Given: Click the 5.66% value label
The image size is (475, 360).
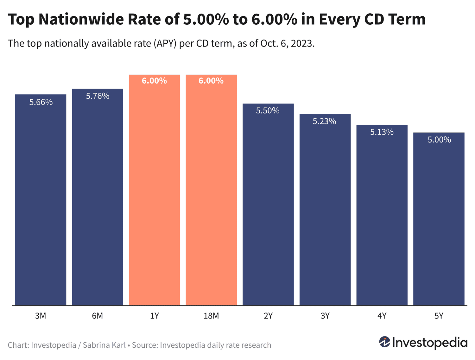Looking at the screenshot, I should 41,102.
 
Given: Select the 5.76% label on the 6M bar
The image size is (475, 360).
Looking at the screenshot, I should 98,96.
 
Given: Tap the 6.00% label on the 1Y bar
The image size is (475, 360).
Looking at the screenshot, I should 154,81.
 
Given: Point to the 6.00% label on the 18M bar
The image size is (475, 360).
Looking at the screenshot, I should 211,81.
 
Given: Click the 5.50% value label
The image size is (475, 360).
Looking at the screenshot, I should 268,111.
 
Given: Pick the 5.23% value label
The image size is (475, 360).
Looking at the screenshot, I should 324,122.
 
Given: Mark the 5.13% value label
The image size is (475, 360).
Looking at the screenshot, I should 382,132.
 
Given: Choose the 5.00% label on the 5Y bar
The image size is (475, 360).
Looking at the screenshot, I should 439,140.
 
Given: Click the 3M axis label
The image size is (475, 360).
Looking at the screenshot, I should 41,316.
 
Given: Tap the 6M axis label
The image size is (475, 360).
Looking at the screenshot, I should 98,316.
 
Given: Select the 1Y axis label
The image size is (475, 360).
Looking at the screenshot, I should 154,316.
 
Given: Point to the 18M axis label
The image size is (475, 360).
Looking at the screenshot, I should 211,316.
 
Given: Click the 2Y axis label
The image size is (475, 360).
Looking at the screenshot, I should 268,316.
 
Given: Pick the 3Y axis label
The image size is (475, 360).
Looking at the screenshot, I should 325,316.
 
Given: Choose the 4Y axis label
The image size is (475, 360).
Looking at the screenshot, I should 382,316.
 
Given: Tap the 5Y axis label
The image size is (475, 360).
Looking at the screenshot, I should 439,316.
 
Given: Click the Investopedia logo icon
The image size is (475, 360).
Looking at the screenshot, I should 384,342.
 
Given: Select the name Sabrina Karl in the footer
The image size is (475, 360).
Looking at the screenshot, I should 104,345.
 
